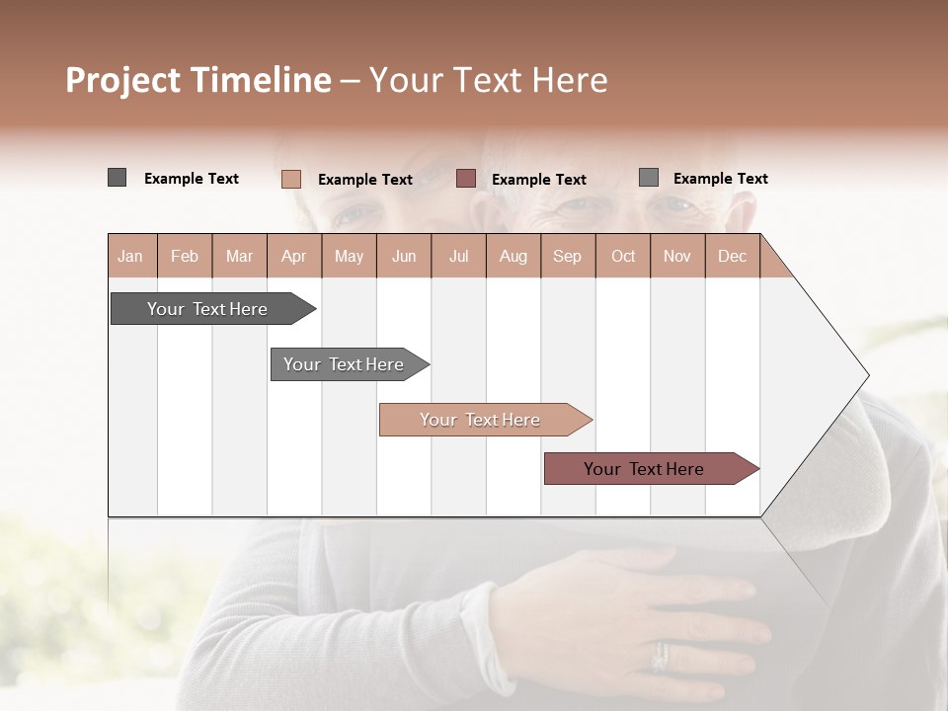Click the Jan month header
point(131,256)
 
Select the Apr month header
point(294,256)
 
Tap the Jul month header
point(459,256)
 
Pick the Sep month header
point(567,256)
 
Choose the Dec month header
point(732,256)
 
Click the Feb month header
point(185,256)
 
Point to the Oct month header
point(623,256)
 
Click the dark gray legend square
point(118,178)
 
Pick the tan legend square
point(291,179)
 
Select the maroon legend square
point(466,179)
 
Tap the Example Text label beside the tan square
point(364,180)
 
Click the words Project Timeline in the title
point(197,80)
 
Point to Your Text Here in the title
point(489,80)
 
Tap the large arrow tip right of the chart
point(829,375)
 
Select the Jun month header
point(404,256)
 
